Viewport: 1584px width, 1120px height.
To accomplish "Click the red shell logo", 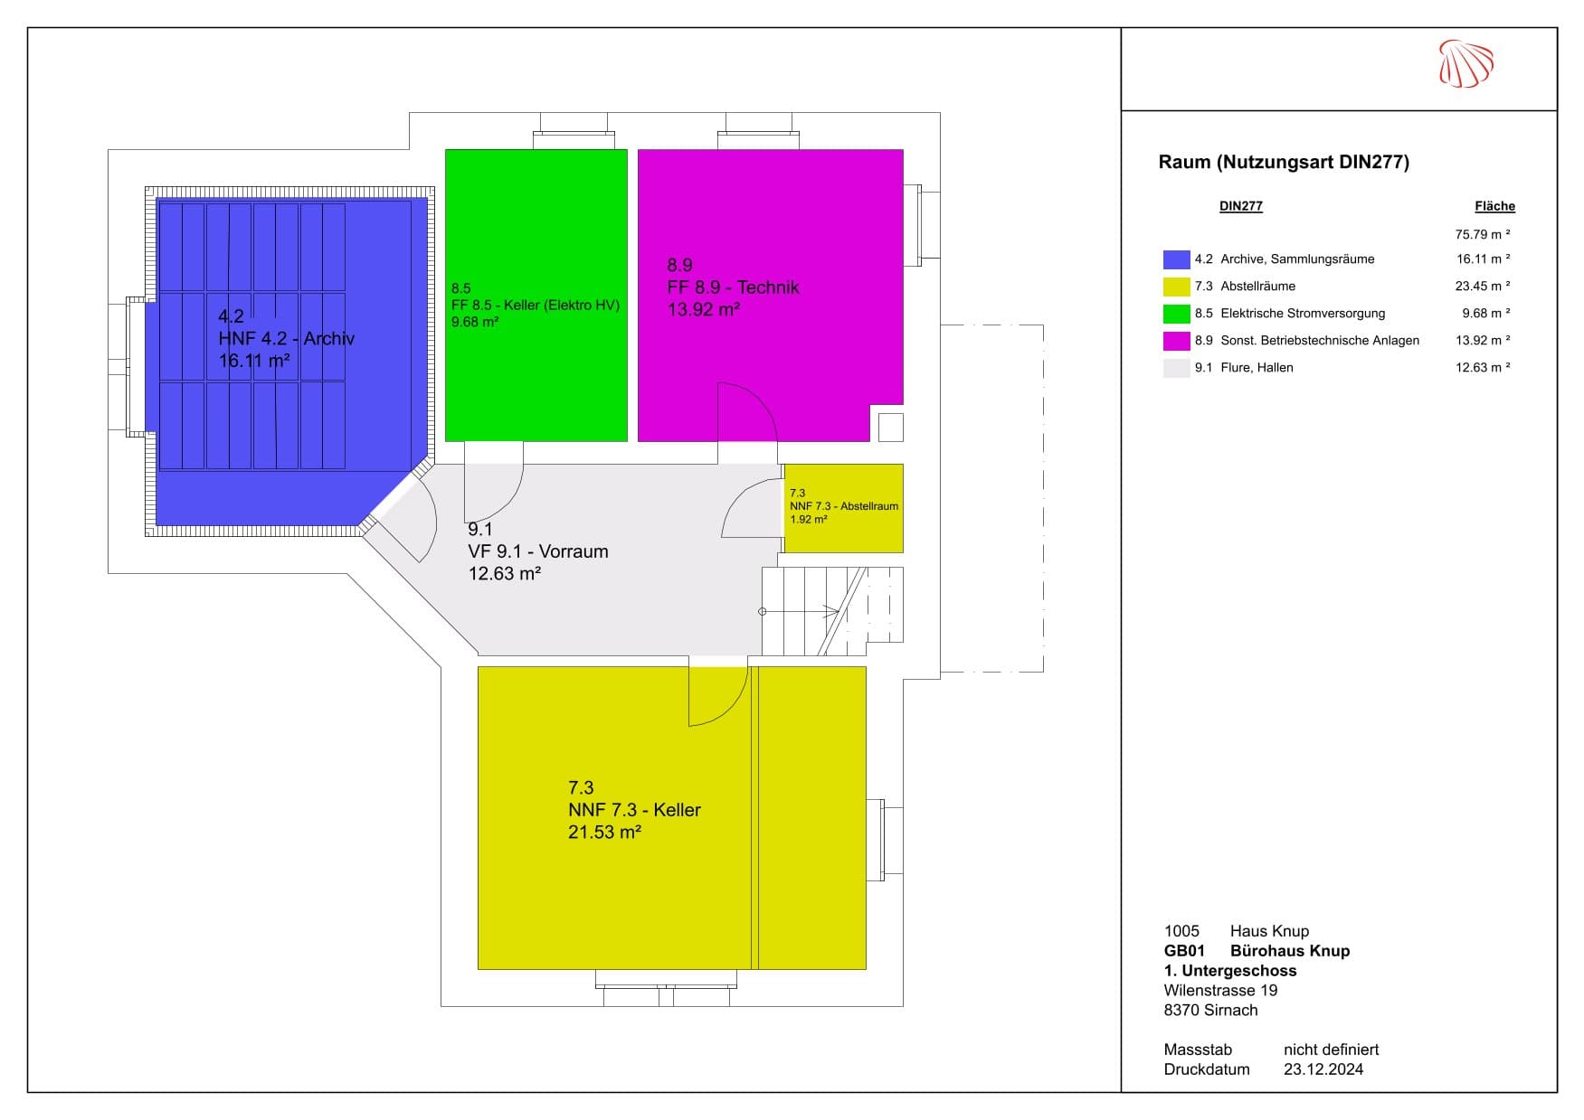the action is (1465, 63).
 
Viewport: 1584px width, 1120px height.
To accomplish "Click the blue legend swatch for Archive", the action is (1176, 259).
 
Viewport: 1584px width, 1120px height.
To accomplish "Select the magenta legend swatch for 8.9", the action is (1176, 341).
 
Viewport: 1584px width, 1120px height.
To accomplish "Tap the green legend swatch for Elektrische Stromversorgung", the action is (1176, 314).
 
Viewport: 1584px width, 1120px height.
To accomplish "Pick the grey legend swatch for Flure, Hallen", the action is (1176, 368).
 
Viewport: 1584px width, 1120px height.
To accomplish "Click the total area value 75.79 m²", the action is (1483, 234).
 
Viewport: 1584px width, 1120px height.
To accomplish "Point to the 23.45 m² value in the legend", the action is (1483, 286).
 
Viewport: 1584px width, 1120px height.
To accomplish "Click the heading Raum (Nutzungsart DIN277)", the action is (1284, 163).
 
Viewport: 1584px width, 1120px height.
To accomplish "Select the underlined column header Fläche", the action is (1494, 206).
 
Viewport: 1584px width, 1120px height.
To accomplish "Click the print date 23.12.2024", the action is (1323, 1069).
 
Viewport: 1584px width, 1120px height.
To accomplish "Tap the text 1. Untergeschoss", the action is (1230, 971).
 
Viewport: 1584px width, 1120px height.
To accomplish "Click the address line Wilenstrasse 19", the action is (1220, 991).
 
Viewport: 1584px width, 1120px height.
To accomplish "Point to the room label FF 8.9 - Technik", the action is (733, 287).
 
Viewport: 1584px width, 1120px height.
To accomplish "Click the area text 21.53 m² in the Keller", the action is (604, 833).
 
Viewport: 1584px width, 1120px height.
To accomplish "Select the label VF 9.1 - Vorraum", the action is (537, 551).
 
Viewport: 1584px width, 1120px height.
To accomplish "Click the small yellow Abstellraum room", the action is (843, 508).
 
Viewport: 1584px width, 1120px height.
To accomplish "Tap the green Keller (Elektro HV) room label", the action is (536, 306).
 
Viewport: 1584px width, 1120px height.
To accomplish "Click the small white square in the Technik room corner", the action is (891, 427).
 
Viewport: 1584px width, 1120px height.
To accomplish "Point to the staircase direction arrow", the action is (801, 612).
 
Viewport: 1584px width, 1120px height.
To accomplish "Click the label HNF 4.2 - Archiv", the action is (286, 339).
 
